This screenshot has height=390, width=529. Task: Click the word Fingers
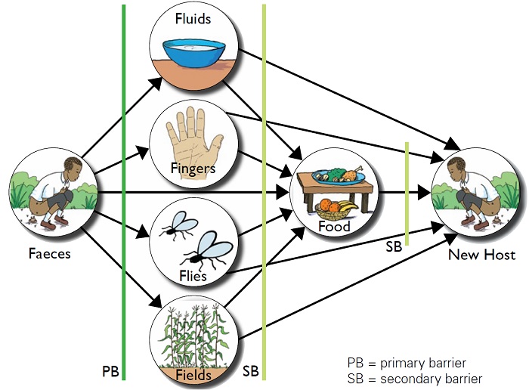pos(193,168)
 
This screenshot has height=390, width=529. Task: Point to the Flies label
pos(193,276)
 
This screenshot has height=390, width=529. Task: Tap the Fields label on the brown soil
pos(193,374)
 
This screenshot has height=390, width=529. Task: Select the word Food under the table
pos(333,227)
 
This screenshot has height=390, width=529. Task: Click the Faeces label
pos(49,254)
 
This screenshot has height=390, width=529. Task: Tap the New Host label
pos(481,255)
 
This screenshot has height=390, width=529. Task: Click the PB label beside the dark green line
pos(110,372)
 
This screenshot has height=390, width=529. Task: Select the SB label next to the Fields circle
pos(251,372)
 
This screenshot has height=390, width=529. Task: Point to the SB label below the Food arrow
pos(393,246)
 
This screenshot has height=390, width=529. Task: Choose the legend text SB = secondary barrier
pos(414,378)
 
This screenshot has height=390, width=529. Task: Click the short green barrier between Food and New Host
pos(407,193)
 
